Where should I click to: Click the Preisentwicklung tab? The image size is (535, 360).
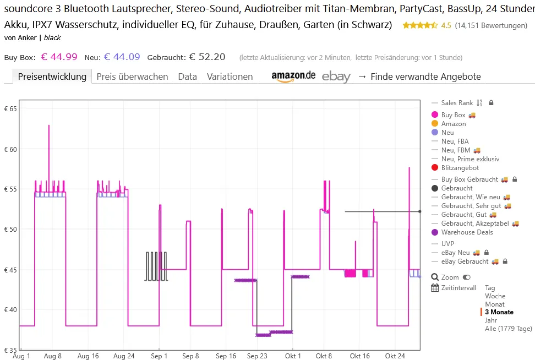coord(52,77)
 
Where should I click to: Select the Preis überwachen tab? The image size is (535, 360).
coord(132,77)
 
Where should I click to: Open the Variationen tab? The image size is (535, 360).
coord(230,77)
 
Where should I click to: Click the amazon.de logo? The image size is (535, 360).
coord(293,76)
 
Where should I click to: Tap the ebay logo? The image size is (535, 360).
coord(336,77)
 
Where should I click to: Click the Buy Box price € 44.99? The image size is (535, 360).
coord(59,57)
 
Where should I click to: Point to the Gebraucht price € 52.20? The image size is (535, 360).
coord(207,57)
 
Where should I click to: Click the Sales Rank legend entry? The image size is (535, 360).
coord(457,103)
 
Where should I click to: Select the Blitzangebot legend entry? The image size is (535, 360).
coord(460,168)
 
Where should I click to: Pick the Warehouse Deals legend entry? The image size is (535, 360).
coord(467,232)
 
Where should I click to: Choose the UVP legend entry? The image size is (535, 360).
coord(447,243)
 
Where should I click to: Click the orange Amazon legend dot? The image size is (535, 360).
coord(435,124)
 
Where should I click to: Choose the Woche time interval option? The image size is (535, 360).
coord(495,296)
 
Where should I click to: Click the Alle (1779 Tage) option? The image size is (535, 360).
coord(508,329)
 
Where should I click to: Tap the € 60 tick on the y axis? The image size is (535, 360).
coord(10,149)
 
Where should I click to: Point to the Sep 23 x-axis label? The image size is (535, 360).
coord(257,356)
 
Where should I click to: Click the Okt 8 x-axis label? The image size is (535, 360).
coord(324,356)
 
